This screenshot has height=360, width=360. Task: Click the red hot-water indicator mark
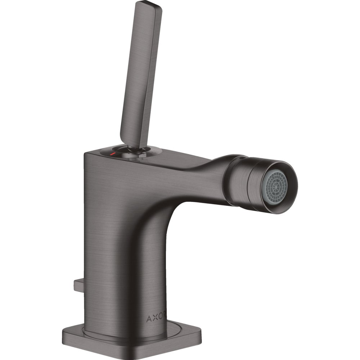click(112, 154)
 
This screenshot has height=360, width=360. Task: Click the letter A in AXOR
click(149, 319)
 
